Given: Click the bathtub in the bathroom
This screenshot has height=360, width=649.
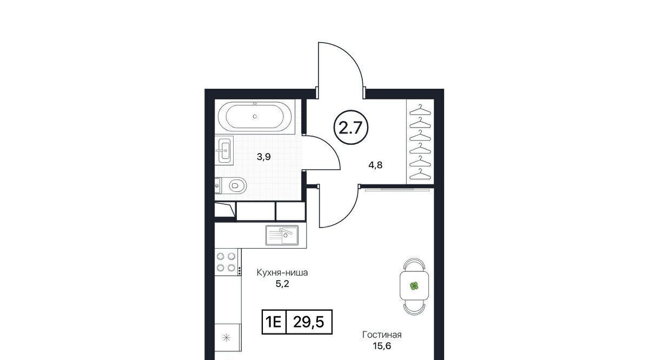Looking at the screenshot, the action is (x=255, y=116).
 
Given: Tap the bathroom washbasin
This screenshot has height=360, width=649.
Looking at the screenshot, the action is (x=224, y=150).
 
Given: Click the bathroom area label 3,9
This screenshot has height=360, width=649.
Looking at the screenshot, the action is (x=264, y=157).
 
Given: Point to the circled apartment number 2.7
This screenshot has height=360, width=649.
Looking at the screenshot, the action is (x=351, y=128).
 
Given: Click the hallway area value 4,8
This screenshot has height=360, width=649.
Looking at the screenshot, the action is (x=375, y=165).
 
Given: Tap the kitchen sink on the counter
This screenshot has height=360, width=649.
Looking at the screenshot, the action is (x=282, y=235).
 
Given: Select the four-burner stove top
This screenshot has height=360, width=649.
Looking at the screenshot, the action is (x=226, y=262).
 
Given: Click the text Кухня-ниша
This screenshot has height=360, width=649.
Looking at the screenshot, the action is (x=282, y=272).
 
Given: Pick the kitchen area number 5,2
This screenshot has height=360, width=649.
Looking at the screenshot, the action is (x=282, y=284).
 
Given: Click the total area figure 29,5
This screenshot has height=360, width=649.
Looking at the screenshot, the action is (x=309, y=322).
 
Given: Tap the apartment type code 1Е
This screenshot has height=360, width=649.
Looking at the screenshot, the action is (x=274, y=322).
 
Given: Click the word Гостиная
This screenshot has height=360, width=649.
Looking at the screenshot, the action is (x=382, y=335).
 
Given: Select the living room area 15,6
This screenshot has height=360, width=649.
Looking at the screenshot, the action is (x=382, y=346).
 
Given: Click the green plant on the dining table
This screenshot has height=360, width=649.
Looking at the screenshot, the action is (x=414, y=286).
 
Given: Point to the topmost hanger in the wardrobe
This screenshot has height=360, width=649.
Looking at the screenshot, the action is (x=420, y=110).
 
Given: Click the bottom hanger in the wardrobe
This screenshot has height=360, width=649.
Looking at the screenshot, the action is (x=420, y=175).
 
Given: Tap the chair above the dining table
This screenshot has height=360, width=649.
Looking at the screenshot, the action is (x=414, y=265).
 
